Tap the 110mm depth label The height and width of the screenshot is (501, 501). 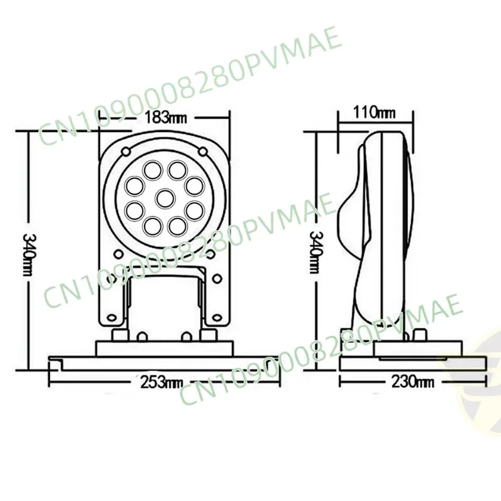tap(374, 113)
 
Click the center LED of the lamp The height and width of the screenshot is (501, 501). tap(165, 198)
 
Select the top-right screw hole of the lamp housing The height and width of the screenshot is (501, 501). tap(202, 151)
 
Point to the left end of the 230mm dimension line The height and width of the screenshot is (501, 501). tap(339, 381)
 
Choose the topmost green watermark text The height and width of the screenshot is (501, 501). tap(188, 81)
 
